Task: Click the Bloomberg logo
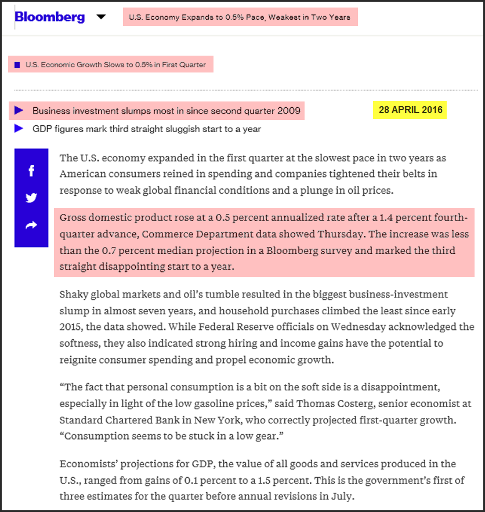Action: (x=50, y=17)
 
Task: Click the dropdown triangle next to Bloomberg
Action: (x=101, y=17)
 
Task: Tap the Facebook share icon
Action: (x=31, y=170)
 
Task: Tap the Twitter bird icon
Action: (x=31, y=198)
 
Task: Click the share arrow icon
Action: (x=31, y=225)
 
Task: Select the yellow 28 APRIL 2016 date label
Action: (x=410, y=110)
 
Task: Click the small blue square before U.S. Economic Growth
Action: (x=17, y=65)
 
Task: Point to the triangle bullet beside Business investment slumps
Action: (x=19, y=110)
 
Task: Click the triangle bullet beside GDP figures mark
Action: (x=19, y=128)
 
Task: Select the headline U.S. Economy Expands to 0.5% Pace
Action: (x=240, y=17)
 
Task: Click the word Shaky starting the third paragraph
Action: (x=74, y=295)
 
